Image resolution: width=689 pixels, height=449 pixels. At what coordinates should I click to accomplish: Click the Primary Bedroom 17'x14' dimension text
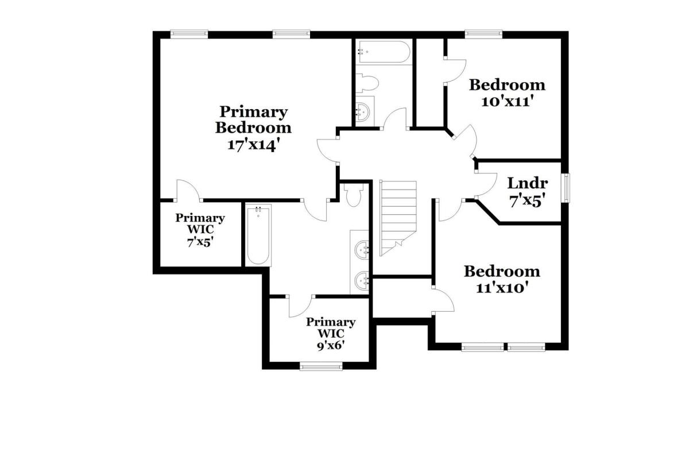[x=254, y=145]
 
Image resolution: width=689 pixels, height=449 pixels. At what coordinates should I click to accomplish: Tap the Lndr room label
[x=527, y=183]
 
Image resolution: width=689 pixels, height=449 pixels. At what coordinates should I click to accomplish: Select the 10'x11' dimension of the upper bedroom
[x=506, y=101]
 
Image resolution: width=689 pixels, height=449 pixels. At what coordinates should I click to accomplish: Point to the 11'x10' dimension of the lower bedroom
[x=502, y=288]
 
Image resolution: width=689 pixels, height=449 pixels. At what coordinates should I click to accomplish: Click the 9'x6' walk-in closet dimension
[x=330, y=346]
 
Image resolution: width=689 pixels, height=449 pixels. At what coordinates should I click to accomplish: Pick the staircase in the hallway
[x=398, y=218]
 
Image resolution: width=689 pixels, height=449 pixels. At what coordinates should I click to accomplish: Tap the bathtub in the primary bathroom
[x=258, y=235]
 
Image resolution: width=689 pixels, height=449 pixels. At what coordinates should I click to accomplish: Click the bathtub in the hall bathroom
[x=384, y=52]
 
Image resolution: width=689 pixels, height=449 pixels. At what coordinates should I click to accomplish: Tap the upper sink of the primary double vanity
[x=362, y=250]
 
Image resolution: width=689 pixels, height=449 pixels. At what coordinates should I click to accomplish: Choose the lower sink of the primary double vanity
[x=362, y=280]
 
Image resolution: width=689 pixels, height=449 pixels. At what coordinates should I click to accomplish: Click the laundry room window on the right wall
[x=566, y=188]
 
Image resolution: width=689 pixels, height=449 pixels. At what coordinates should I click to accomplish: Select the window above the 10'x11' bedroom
[x=483, y=34]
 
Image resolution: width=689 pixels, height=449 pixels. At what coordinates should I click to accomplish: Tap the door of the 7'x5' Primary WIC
[x=188, y=190]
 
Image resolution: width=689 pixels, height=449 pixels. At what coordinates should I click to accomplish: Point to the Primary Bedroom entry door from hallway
[x=328, y=150]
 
